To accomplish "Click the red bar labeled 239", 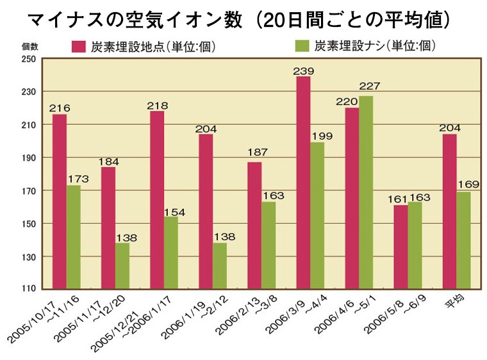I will pos(303,183).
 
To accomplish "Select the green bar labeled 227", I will pos(366,193).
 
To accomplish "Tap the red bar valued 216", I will pos(60,202).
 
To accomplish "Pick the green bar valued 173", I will pos(74,237).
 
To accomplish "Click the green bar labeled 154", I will pos(171,253).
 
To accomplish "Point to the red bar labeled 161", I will pos(400,247).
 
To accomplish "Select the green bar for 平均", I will pos(463,240).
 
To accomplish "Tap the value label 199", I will pos(317,136).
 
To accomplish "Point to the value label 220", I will pos(351,102).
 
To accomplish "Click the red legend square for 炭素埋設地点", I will pos(79,46).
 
